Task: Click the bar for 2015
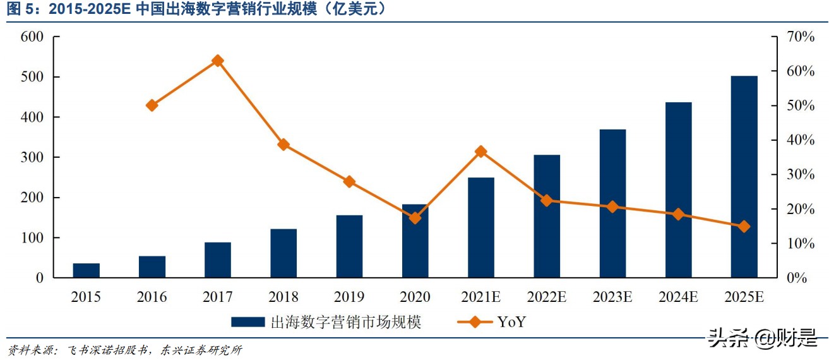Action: [86, 270]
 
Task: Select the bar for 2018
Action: [283, 253]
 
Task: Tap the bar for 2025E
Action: [744, 177]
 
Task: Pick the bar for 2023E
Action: [612, 203]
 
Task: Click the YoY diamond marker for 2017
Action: [217, 61]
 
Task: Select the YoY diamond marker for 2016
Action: [152, 105]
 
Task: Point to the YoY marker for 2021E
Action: [481, 152]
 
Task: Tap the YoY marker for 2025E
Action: [744, 226]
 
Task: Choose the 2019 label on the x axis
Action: [349, 297]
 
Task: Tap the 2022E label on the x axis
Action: [547, 297]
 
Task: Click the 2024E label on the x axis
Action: [678, 297]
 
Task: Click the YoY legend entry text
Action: [511, 322]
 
